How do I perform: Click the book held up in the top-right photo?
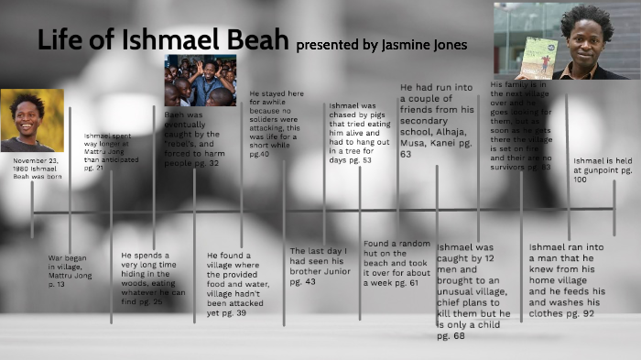point(536,57)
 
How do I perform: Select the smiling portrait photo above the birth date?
point(32,119)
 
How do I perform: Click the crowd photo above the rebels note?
point(200,80)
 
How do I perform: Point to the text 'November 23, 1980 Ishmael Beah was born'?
point(35,169)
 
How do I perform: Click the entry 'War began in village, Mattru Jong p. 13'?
point(70,271)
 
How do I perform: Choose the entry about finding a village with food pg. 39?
point(240,284)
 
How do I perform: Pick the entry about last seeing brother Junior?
point(320,266)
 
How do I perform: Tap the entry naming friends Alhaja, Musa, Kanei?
point(438,120)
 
